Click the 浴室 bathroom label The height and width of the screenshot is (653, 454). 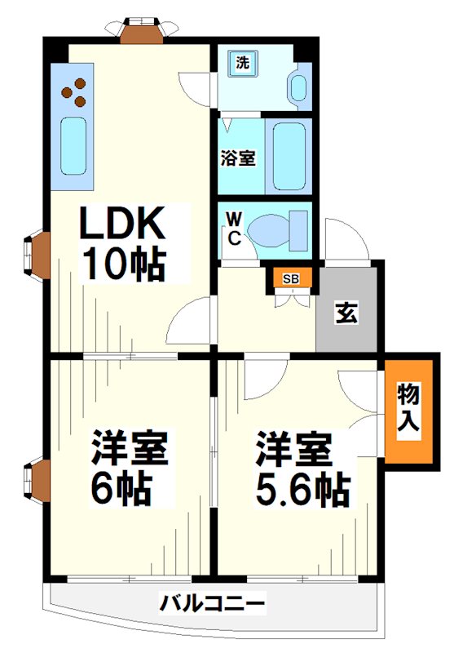click(x=238, y=158)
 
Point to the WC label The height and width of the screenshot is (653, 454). click(x=233, y=228)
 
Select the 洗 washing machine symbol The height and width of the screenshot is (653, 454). click(x=241, y=63)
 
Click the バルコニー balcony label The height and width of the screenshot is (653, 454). click(x=212, y=605)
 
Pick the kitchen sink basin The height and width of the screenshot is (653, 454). click(x=73, y=145)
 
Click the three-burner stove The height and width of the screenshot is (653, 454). click(x=74, y=92)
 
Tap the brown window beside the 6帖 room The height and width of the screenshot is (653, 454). click(x=37, y=479)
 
